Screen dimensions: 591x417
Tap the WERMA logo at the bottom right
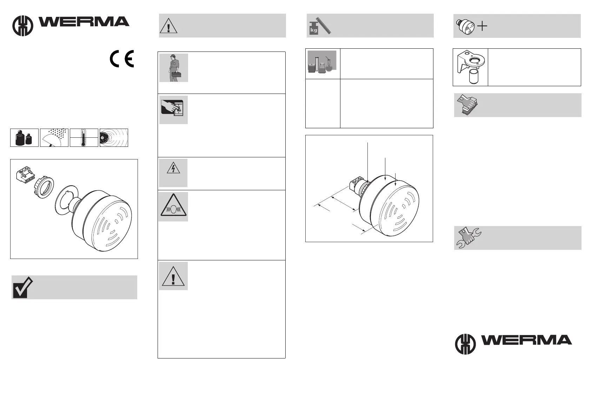[513, 343]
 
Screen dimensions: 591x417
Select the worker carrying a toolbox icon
[173, 68]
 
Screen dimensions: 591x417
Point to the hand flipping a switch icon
[173, 110]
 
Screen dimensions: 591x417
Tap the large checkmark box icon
[22, 287]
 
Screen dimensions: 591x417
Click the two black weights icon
[25, 138]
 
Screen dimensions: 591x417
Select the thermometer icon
[84, 138]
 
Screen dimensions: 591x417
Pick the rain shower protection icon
[54, 138]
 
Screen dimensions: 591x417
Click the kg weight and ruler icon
[320, 26]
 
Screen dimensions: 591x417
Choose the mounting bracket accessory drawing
[470, 67]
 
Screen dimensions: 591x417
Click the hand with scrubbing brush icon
[467, 104]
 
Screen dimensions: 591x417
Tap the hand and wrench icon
[468, 237]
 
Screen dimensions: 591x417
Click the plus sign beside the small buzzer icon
[483, 26]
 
